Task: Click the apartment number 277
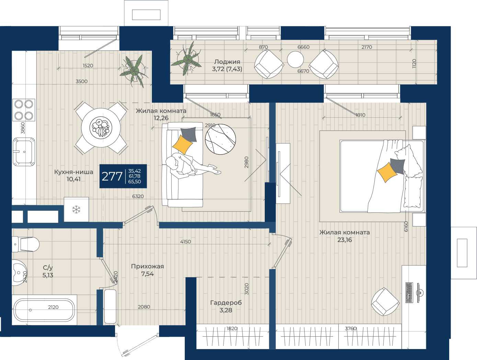pyautogui.click(x=112, y=176)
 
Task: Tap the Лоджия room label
pyautogui.click(x=227, y=62)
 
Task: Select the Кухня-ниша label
pyautogui.click(x=73, y=172)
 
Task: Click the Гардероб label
pyautogui.click(x=226, y=303)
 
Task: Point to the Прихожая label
pyautogui.click(x=147, y=266)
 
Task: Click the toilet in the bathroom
pyautogui.click(x=25, y=244)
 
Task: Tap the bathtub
pyautogui.click(x=44, y=310)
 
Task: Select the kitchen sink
pyautogui.click(x=24, y=152)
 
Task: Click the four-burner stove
pyautogui.click(x=24, y=110)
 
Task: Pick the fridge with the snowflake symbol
pyautogui.click(x=76, y=210)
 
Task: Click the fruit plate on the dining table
pyautogui.click(x=101, y=128)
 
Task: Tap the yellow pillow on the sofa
pyautogui.click(x=183, y=144)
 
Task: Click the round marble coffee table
pyautogui.click(x=220, y=139)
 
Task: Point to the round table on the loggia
pyautogui.click(x=295, y=59)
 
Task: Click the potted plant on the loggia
pyautogui.click(x=187, y=59)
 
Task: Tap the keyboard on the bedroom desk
pyautogui.click(x=409, y=292)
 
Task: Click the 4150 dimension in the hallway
pyautogui.click(x=185, y=242)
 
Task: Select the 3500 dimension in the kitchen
pyautogui.click(x=81, y=81)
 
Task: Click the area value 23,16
pyautogui.click(x=344, y=240)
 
